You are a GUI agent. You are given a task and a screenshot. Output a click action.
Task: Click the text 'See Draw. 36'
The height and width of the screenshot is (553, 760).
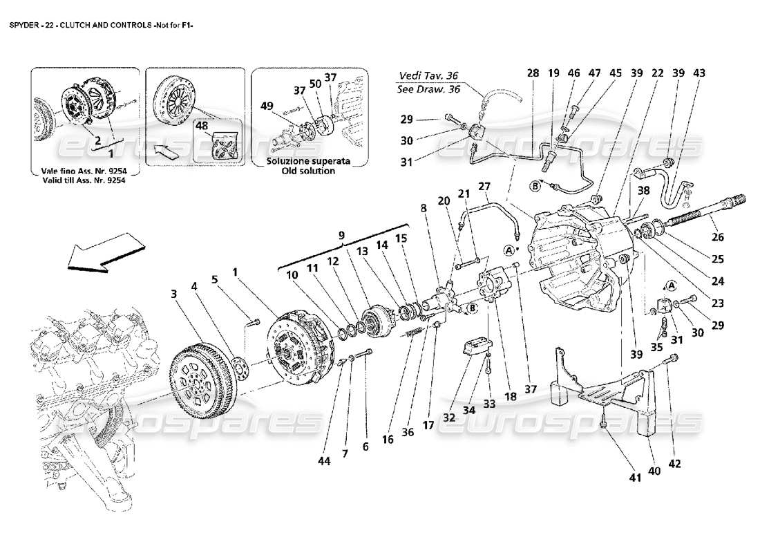coord(429,89)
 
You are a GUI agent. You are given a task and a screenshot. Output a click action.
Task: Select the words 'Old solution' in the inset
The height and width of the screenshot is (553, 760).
coord(300,170)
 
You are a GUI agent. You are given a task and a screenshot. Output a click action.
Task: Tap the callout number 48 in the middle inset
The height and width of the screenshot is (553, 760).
coord(202,126)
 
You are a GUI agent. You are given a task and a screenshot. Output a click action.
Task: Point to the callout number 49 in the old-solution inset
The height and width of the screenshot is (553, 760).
coord(267,106)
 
